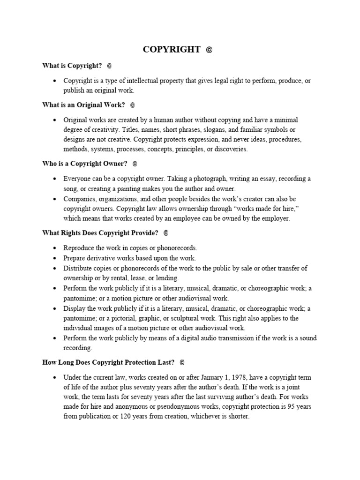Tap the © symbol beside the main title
pos(209,50)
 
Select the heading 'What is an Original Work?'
pos(83,105)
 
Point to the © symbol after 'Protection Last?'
pos(182,362)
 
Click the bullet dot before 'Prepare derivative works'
pos(55,258)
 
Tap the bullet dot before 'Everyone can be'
pos(55,179)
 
